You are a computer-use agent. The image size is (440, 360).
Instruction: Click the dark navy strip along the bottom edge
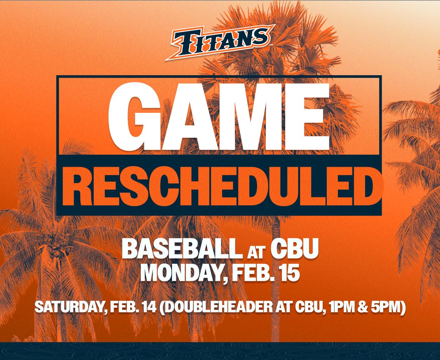(x=220, y=351)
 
